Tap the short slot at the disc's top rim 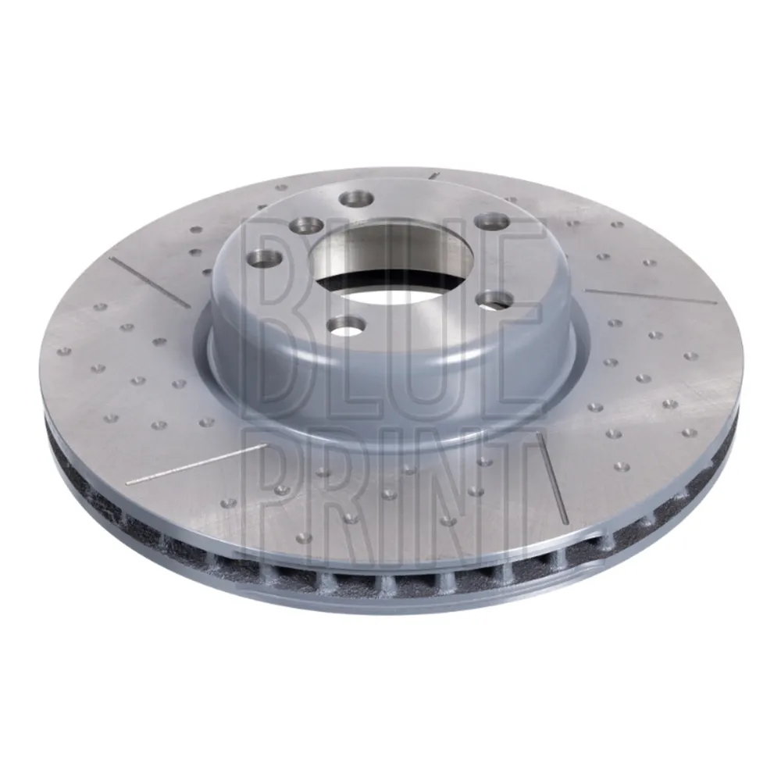(x=434, y=176)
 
